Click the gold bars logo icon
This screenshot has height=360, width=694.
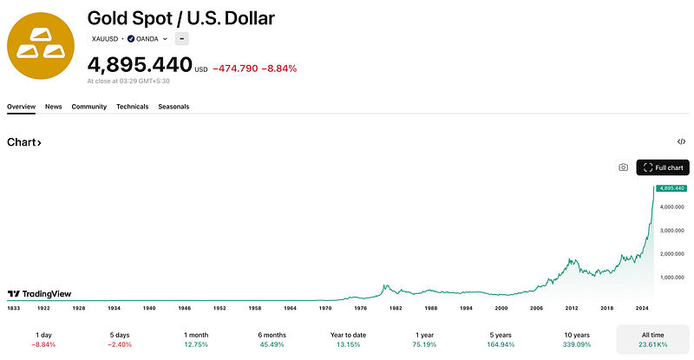41,46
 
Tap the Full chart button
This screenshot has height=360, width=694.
663,167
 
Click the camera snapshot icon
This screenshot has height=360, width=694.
623,167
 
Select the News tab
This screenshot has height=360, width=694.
54,107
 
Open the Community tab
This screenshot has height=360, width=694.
89,107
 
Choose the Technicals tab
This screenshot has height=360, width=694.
133,107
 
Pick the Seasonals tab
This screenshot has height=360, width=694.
173,107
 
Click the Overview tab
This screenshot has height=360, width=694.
21,107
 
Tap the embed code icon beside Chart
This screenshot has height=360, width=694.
681,141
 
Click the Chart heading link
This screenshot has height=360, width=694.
24,142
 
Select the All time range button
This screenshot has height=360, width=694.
653,340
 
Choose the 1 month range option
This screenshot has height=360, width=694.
196,340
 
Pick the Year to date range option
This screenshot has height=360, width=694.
349,340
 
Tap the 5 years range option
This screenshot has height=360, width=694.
501,340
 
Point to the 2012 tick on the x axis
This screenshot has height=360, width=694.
572,308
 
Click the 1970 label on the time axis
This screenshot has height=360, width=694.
325,308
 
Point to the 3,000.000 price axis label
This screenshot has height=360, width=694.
671,231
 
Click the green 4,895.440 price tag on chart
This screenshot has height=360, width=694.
671,188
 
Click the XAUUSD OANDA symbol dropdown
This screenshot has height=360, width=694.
129,39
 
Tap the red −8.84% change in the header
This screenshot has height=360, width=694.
278,69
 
